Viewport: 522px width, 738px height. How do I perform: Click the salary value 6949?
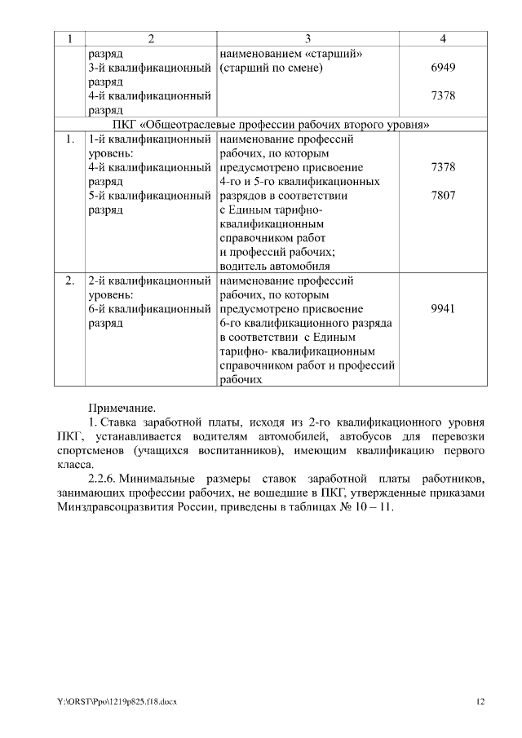(443, 68)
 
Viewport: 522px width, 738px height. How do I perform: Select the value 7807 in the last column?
(443, 196)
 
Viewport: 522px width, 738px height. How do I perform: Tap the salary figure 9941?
(443, 308)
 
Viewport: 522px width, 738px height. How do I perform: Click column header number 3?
(307, 39)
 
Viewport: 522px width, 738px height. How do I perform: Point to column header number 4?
(443, 39)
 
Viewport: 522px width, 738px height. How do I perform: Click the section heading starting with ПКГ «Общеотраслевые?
(271, 125)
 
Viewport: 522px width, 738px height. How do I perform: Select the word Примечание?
(121, 406)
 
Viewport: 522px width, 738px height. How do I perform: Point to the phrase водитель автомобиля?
(275, 266)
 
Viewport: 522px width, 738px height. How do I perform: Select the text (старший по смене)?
(272, 68)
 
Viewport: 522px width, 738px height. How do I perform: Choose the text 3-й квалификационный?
(149, 68)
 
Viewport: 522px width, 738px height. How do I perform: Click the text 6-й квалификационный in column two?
(149, 308)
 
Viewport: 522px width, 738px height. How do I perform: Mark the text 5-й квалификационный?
(149, 196)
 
